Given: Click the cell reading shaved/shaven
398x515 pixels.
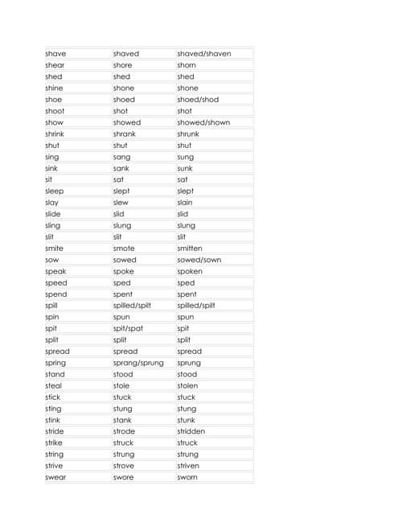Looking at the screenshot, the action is point(204,54).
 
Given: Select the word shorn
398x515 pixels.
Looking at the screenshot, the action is point(187,65).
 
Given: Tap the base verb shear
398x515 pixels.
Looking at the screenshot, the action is point(55,65).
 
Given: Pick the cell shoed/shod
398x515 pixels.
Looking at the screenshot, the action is point(198,100).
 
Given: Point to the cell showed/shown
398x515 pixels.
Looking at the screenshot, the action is point(203,122).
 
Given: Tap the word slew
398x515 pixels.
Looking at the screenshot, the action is point(121,203).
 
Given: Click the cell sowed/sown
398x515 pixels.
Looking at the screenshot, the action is point(199,260).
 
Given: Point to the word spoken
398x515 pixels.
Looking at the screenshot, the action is point(190,271).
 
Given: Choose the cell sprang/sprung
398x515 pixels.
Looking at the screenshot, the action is point(138,363).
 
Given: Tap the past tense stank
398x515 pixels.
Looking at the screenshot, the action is point(122,420).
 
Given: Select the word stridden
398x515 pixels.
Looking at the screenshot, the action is point(191,431).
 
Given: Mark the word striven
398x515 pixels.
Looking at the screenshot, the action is point(188,466).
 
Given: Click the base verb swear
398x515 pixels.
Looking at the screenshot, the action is point(55,477).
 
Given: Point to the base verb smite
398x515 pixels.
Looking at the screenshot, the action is point(55,249).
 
